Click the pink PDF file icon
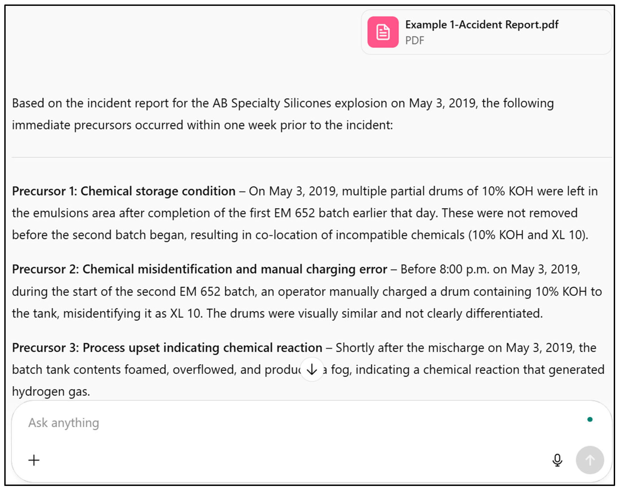click(x=383, y=32)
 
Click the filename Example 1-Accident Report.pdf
click(x=482, y=25)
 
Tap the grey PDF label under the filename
click(x=414, y=41)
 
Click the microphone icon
click(x=557, y=460)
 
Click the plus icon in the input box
click(x=34, y=460)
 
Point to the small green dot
click(x=590, y=419)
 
